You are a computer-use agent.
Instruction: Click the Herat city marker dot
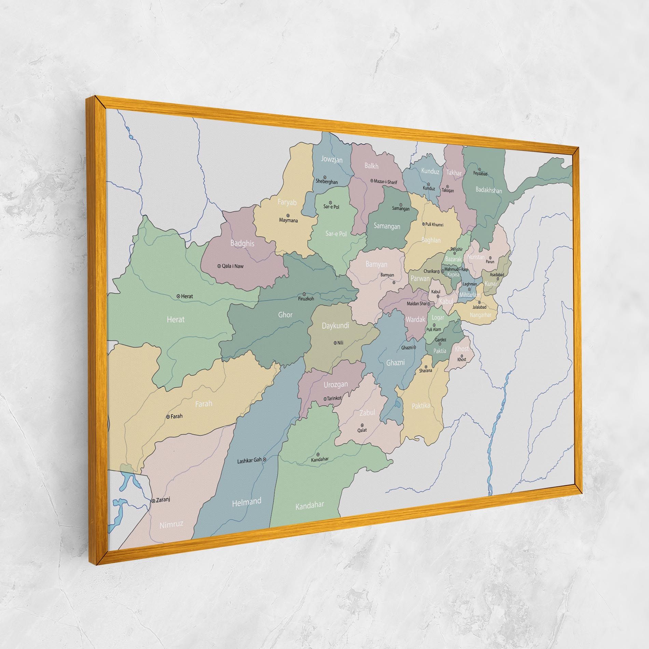click(x=178, y=296)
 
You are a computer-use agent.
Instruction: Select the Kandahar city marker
click(x=318, y=455)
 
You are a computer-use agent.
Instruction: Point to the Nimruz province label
click(x=171, y=524)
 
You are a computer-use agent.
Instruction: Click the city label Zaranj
click(x=163, y=500)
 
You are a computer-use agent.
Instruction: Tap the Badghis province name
click(x=242, y=243)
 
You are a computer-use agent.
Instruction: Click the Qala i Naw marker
click(x=219, y=266)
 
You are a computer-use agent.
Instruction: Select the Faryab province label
click(x=287, y=202)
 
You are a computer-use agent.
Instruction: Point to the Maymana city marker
click(x=288, y=216)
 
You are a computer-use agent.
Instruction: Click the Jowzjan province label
click(x=332, y=159)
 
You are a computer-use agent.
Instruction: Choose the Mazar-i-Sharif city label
click(x=386, y=182)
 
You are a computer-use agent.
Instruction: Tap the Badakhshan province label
click(x=489, y=190)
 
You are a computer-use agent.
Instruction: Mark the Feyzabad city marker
click(x=480, y=169)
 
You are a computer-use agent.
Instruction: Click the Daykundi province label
click(x=335, y=326)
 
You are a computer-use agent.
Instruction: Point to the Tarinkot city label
click(x=334, y=398)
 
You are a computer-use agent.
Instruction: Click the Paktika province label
click(x=421, y=406)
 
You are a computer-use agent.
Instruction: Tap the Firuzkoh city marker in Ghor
click(x=304, y=294)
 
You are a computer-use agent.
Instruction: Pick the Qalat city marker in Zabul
click(x=362, y=425)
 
